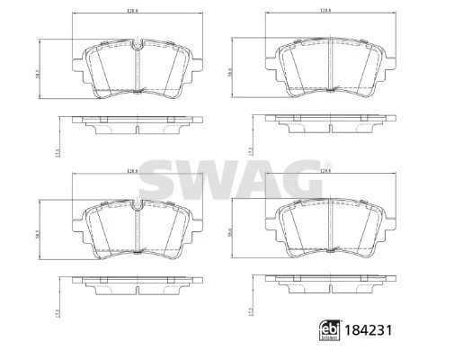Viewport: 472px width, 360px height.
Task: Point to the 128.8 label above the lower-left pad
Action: click(134, 172)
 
